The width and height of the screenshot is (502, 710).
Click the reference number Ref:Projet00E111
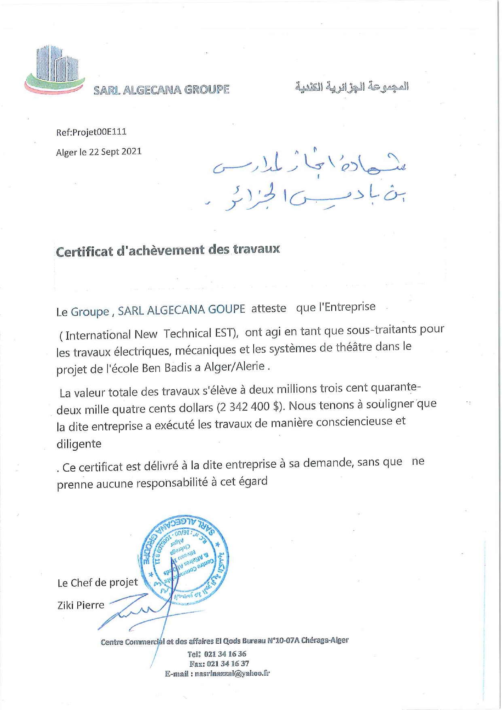(x=91, y=132)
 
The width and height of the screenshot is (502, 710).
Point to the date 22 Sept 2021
(x=115, y=152)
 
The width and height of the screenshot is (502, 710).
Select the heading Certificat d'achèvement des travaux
(x=168, y=250)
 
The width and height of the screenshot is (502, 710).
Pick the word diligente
(x=79, y=444)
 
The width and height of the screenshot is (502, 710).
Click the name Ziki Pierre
(x=81, y=605)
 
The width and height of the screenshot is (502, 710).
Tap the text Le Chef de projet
(x=97, y=583)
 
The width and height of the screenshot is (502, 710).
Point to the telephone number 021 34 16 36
(x=225, y=654)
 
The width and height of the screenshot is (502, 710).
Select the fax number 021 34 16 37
(x=228, y=664)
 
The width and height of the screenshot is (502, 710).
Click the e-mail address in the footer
(x=232, y=674)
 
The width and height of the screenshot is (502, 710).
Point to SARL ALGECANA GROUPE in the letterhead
(x=161, y=90)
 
